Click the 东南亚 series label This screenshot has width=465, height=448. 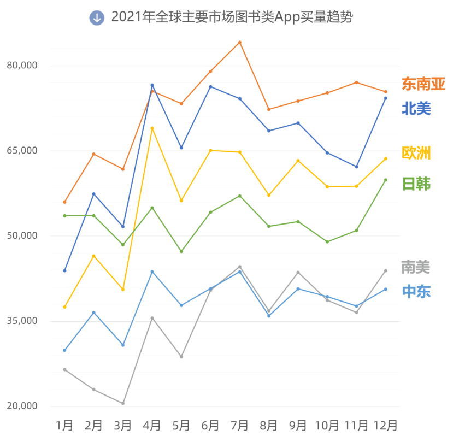[423, 84]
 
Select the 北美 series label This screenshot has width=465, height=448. [416, 109]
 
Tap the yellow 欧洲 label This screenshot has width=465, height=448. [416, 154]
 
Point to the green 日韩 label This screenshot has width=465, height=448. [416, 184]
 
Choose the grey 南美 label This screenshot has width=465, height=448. [416, 267]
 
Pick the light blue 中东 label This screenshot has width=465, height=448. [416, 292]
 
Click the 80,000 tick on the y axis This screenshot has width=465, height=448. [22, 66]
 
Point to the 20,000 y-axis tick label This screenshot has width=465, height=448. [22, 406]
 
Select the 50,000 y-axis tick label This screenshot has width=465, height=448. [22, 235]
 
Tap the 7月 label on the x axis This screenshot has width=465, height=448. [239, 425]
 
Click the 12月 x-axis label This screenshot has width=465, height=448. [385, 425]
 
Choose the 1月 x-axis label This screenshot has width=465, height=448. [64, 425]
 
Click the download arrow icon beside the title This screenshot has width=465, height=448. [97, 17]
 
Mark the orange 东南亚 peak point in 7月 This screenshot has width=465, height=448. [239, 42]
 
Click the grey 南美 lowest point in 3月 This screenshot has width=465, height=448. [123, 403]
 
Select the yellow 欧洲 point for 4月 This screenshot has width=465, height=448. [152, 128]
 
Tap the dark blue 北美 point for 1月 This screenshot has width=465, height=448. [64, 270]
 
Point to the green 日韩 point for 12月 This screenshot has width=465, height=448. [385, 180]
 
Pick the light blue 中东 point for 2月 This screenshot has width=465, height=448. [94, 313]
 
